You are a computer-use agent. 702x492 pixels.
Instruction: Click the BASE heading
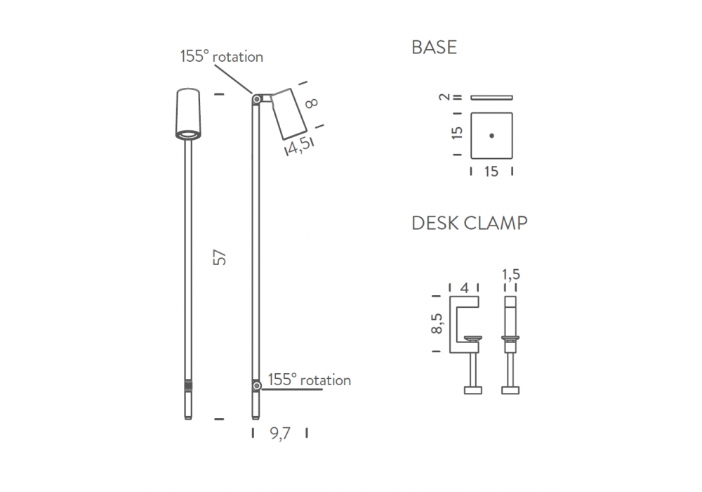(434, 48)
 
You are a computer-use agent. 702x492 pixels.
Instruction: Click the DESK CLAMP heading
(469, 223)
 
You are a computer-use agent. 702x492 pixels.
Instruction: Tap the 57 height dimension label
(219, 257)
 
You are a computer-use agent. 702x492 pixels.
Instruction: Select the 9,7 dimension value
(280, 433)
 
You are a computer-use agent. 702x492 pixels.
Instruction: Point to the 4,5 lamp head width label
(298, 145)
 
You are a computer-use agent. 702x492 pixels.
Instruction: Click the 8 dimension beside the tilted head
(311, 103)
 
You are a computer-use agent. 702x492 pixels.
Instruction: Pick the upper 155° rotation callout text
(222, 56)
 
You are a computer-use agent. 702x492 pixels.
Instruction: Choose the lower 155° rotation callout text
(310, 380)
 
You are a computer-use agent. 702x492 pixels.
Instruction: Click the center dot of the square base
(491, 136)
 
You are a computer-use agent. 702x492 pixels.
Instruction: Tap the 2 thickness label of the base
(444, 97)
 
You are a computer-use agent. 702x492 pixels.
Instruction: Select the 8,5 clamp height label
(437, 323)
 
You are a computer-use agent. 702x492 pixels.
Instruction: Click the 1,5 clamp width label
(511, 274)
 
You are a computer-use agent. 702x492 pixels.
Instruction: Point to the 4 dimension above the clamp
(464, 288)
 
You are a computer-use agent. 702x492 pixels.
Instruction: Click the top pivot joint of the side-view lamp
(257, 99)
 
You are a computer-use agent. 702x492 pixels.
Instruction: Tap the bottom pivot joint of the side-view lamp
(256, 386)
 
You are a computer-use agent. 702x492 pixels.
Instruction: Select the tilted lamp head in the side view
(289, 114)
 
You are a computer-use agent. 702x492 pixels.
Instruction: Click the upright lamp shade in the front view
(188, 114)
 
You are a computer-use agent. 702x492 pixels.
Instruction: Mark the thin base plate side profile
(491, 97)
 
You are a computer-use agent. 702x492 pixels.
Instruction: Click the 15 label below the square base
(491, 171)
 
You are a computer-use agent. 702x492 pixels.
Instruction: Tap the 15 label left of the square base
(457, 133)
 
